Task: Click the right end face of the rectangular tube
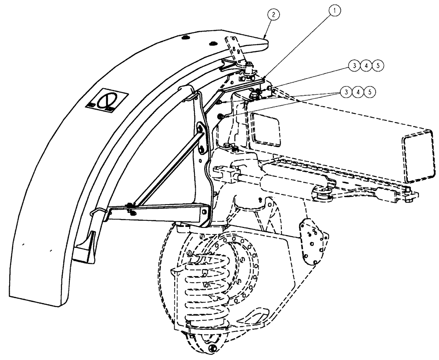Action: coord(415,157)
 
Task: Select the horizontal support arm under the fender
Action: coord(162,213)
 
